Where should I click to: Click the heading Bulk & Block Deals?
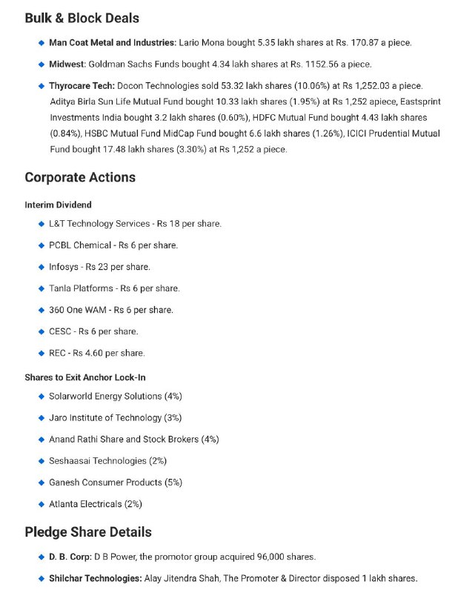[x=82, y=18]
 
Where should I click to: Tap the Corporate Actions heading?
[x=80, y=177]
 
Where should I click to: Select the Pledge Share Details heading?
[x=87, y=531]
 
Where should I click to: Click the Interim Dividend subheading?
[x=58, y=205]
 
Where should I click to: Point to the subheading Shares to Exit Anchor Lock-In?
[x=84, y=377]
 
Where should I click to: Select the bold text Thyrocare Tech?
[x=82, y=87]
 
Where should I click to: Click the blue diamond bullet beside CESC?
[x=41, y=331]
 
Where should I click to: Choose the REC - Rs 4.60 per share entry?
[x=96, y=353]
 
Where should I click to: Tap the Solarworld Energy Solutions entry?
[x=115, y=397]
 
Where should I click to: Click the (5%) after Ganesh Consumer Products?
[x=172, y=483]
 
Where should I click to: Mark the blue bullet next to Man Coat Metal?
[x=41, y=43]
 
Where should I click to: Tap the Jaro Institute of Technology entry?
[x=115, y=418]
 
